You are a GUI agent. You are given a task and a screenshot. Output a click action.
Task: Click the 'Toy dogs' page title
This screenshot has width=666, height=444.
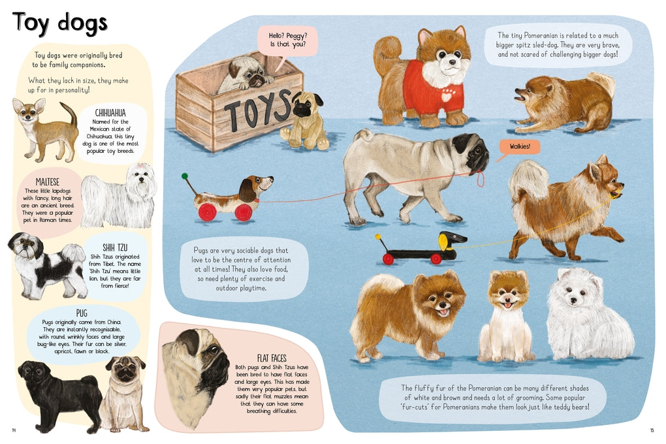[59, 22]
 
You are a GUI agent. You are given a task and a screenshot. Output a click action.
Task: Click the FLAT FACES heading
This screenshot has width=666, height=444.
[271, 358]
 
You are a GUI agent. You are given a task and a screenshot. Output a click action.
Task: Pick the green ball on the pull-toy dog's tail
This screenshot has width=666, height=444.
[185, 176]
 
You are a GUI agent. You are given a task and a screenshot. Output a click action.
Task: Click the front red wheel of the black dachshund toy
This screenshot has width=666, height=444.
[388, 259]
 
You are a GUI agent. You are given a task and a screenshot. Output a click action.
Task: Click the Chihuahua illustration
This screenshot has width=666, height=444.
[46, 128]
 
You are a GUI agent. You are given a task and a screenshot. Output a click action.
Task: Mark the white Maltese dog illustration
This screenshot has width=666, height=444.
[121, 196]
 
